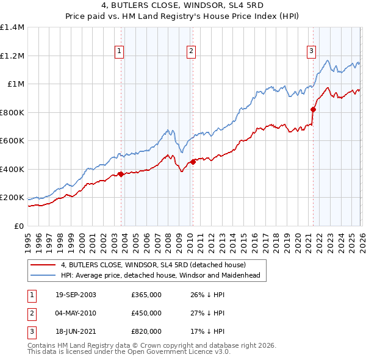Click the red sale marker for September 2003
[x=121, y=175]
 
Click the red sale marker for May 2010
[x=193, y=162]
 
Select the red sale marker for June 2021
[x=314, y=110]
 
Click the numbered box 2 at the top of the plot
[x=191, y=51]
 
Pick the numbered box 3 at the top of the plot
[x=311, y=51]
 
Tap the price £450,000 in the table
[x=146, y=313]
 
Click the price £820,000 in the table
[x=146, y=331]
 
